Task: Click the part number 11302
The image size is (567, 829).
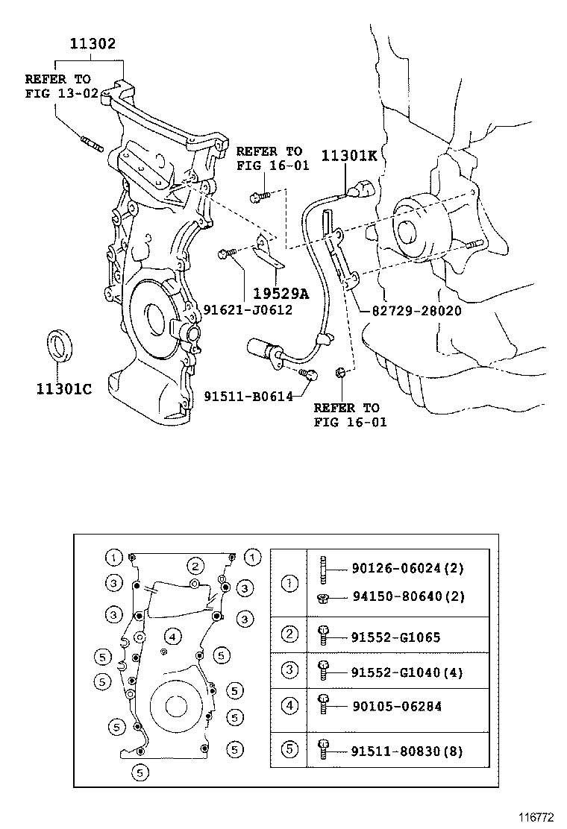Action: (93, 44)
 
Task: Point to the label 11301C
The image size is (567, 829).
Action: (63, 388)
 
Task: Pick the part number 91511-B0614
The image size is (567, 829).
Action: (248, 396)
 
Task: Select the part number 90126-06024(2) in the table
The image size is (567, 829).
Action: (407, 568)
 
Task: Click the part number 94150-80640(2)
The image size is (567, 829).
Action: (407, 598)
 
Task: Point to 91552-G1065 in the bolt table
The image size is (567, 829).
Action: (395, 637)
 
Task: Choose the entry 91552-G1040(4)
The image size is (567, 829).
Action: (407, 672)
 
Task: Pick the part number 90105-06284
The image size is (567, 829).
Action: (395, 706)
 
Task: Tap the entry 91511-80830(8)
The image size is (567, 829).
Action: (407, 751)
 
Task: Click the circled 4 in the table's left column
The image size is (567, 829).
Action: (289, 705)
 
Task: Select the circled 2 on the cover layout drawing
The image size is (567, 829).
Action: (195, 566)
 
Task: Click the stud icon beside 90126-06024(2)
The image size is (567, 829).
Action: (323, 569)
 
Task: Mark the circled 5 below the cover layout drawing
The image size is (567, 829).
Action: (139, 772)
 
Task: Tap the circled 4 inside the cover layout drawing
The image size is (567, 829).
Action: (172, 637)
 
